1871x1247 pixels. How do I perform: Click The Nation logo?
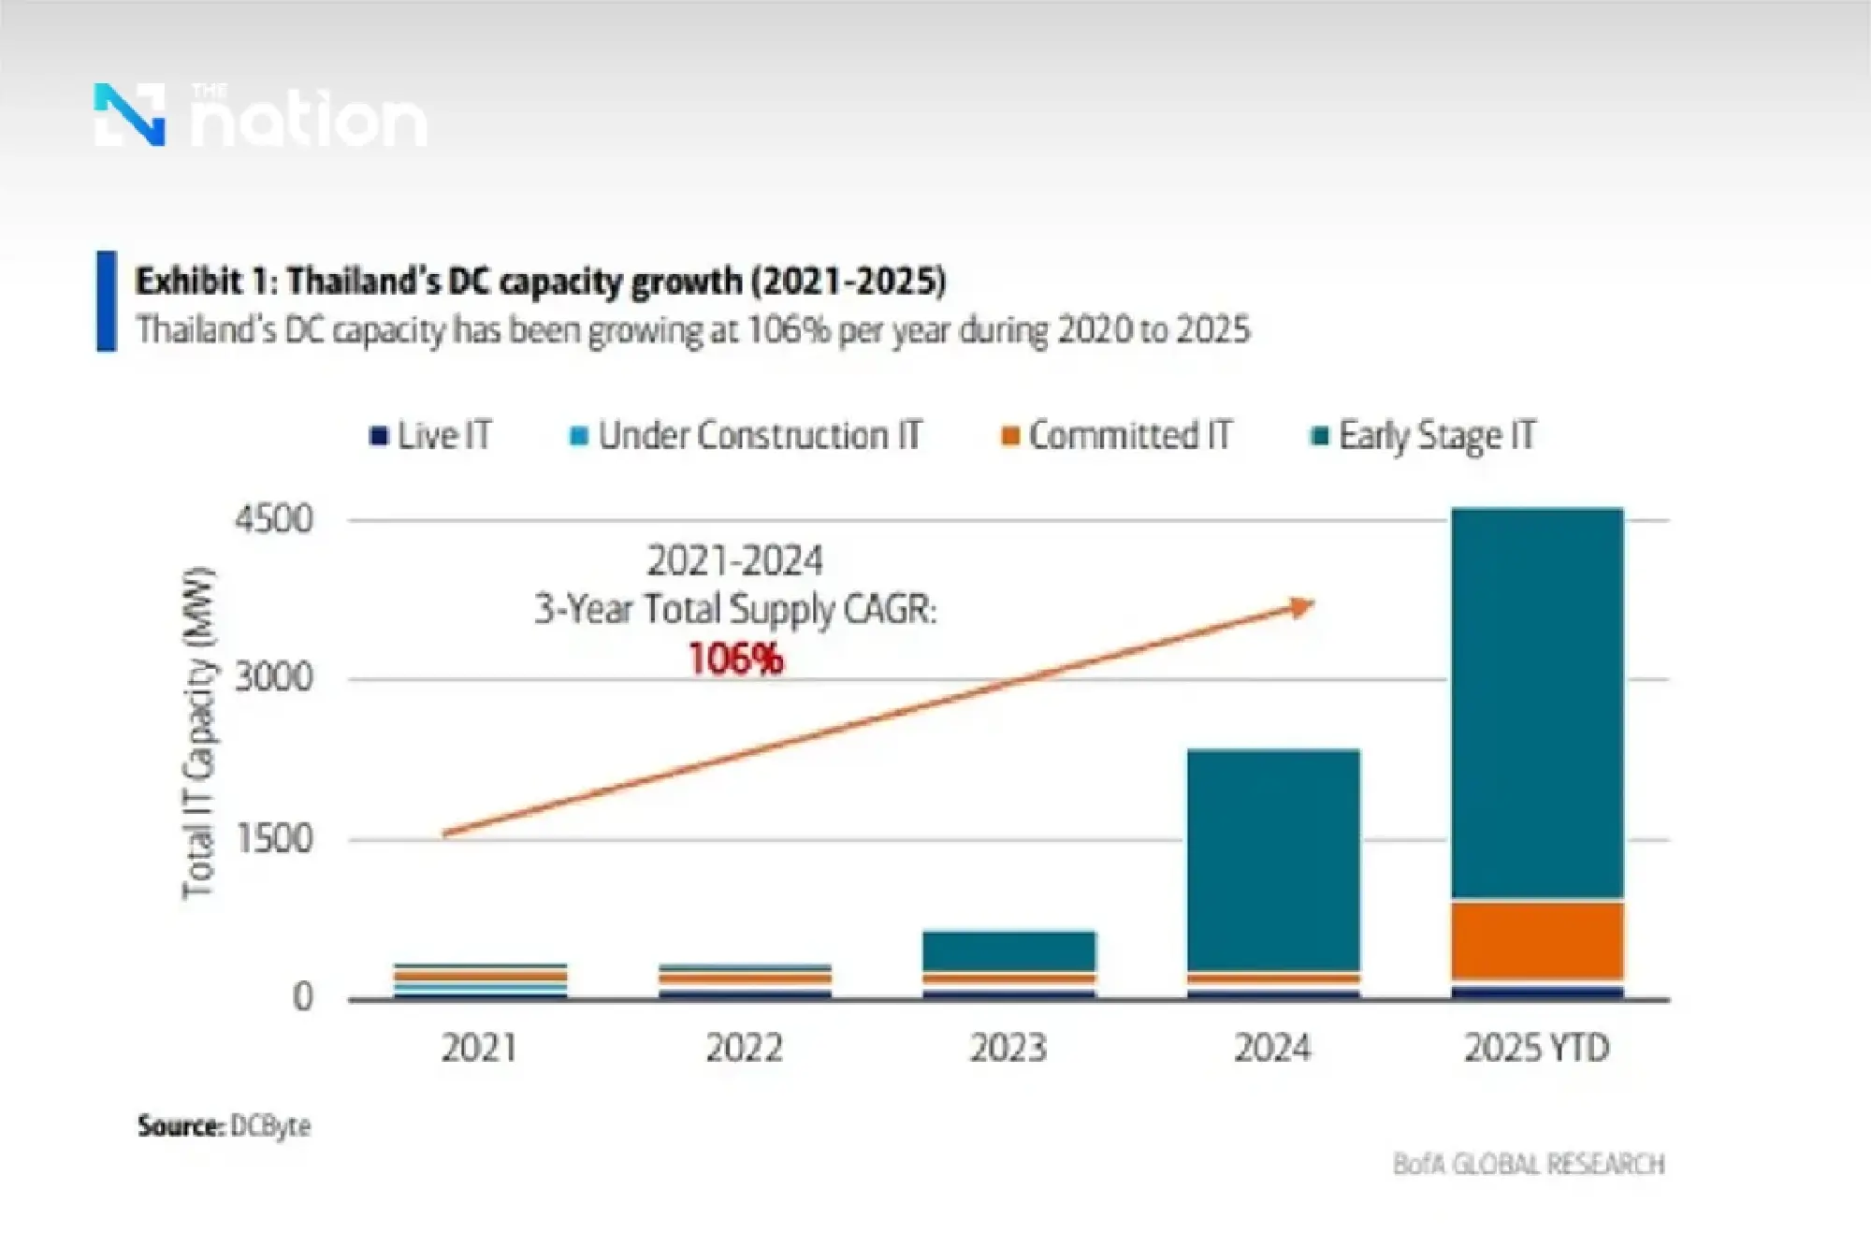tap(260, 116)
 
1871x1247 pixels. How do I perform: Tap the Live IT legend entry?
tap(431, 436)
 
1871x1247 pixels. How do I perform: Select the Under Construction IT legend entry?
tap(746, 436)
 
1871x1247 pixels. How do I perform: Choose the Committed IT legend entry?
tap(1117, 436)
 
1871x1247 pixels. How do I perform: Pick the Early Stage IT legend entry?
tap(1424, 436)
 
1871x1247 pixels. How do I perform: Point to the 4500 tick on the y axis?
tap(273, 519)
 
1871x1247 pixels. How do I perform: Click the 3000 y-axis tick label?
tap(273, 678)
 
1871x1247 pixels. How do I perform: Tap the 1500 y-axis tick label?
tap(273, 839)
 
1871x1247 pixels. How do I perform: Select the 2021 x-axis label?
tap(479, 1048)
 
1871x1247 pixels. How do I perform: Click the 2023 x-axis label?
tap(1008, 1048)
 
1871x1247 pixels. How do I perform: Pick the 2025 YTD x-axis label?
tap(1536, 1048)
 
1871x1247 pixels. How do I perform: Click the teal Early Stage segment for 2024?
tap(1272, 861)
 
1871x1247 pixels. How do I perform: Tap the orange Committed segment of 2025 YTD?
tap(1537, 940)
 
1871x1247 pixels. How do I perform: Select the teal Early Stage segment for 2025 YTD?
tap(1537, 702)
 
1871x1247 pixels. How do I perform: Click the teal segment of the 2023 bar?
tap(1008, 950)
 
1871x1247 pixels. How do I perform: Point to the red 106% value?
tap(735, 660)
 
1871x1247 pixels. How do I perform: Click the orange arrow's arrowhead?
tap(1303, 607)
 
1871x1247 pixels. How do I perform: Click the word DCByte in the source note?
tap(270, 1125)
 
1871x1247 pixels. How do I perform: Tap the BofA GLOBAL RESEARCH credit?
tap(1529, 1165)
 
